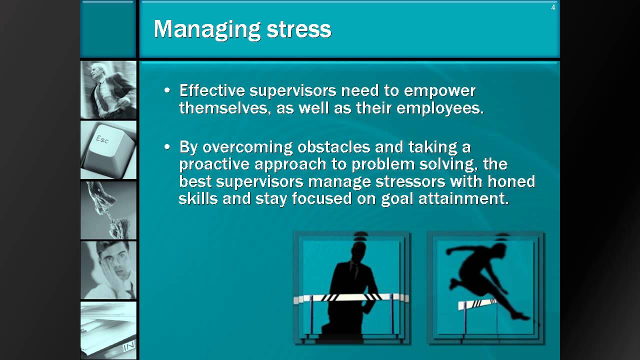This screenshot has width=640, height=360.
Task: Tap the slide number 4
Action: click(x=553, y=7)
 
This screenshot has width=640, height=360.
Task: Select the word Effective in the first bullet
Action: click(x=212, y=90)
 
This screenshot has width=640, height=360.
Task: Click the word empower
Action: click(x=439, y=90)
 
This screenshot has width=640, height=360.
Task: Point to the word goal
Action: click(x=396, y=198)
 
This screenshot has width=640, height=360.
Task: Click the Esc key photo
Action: click(x=108, y=149)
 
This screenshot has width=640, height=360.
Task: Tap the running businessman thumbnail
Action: click(x=108, y=90)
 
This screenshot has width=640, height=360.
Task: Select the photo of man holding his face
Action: click(x=108, y=270)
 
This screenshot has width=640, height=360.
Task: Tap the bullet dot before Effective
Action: click(x=167, y=91)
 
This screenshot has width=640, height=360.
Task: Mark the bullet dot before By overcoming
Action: click(x=167, y=147)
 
